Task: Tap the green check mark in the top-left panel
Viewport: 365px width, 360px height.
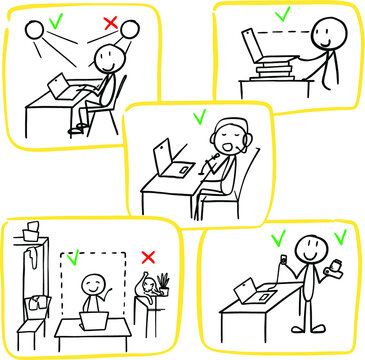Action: tap(57, 17)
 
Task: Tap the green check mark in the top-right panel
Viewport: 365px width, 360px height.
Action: tap(283, 14)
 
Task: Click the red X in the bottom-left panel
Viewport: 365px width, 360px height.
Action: tap(148, 258)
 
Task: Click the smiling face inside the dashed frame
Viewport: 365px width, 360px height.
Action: tap(93, 286)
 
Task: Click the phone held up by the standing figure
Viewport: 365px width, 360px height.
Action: tap(284, 261)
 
